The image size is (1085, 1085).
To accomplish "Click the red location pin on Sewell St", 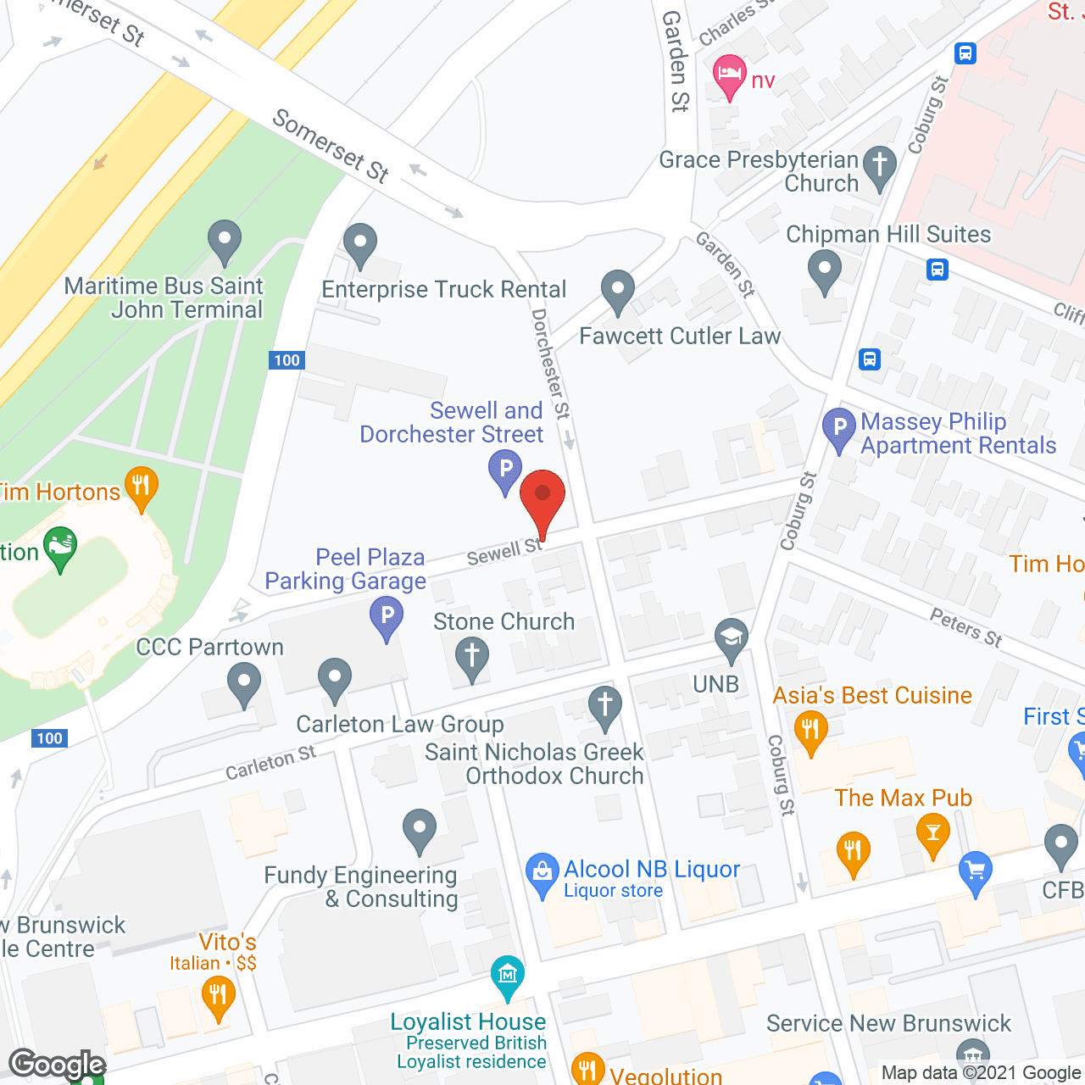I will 542,495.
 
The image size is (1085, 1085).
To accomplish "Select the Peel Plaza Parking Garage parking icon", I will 387,615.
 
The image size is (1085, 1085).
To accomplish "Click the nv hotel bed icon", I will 729,74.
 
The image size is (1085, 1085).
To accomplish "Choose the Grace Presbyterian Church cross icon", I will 880,164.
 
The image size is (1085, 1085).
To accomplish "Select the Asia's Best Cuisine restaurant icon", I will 811,729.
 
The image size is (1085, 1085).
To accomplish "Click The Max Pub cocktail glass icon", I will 933,832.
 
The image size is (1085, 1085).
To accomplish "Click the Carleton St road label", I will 270,762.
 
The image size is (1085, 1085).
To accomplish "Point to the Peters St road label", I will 966,628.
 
